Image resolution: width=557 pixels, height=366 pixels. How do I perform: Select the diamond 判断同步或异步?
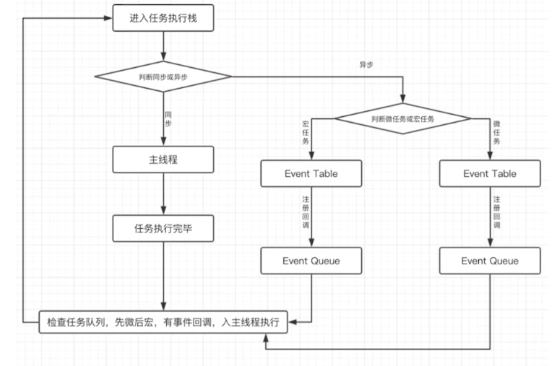164,76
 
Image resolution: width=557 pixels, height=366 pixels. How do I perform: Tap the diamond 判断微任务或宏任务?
403,118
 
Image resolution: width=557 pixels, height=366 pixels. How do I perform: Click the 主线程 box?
164,160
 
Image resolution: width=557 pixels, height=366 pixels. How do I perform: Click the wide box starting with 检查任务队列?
164,322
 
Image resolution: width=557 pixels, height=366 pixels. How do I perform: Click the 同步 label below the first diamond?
169,118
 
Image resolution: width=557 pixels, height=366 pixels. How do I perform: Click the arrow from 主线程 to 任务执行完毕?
164,194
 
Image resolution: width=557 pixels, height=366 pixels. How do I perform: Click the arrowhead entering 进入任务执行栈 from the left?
108,19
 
